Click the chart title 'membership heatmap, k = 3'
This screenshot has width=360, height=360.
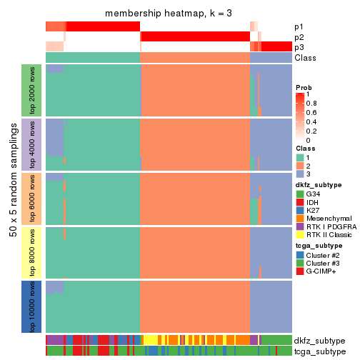pyautogui.click(x=169, y=14)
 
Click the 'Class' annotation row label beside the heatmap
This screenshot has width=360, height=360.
pyautogui.click(x=306, y=58)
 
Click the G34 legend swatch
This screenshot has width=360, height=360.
pyautogui.click(x=300, y=194)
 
